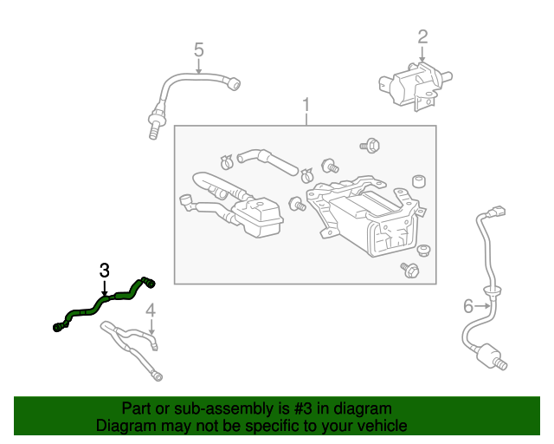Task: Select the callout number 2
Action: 422,36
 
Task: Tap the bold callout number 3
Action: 104,270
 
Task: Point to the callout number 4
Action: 150,310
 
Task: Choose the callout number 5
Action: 198,49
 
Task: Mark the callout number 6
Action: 468,305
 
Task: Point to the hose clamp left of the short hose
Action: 227,160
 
